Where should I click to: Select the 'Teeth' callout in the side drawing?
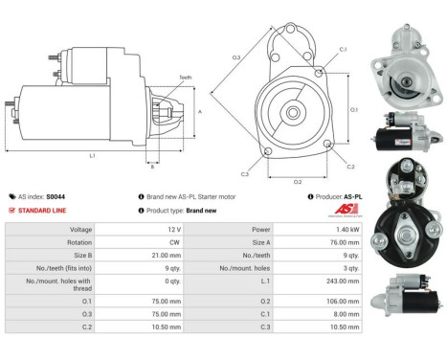coord(184,78)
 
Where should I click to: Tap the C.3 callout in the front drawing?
coord(244,173)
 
